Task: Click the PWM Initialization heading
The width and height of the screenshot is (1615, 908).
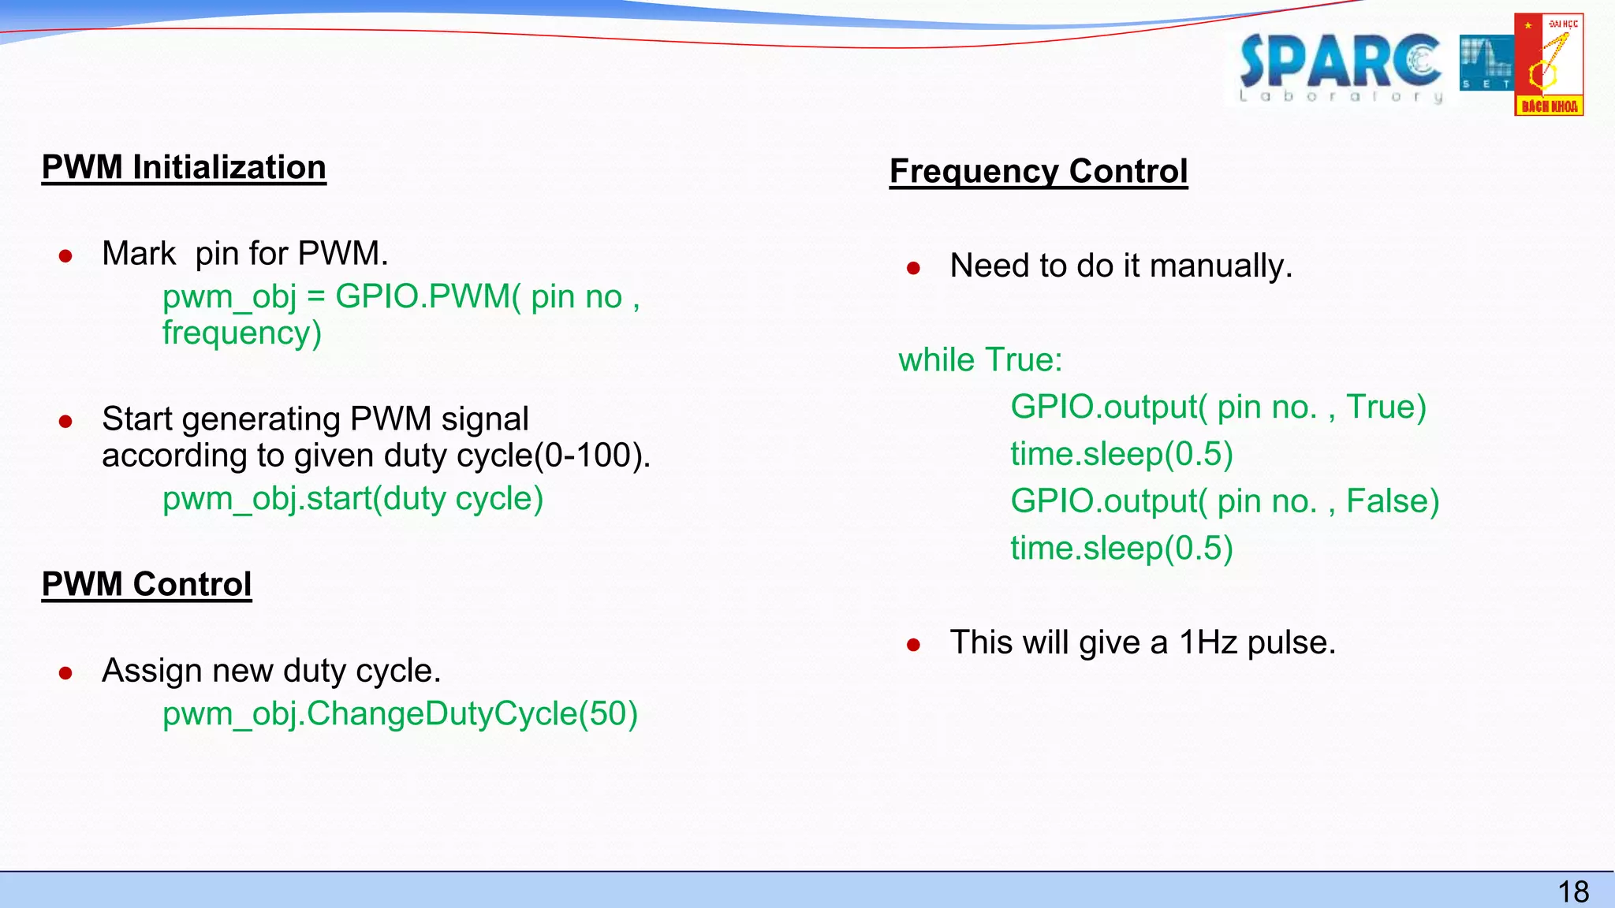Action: (x=184, y=168)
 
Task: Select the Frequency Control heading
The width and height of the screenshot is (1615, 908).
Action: (x=1039, y=171)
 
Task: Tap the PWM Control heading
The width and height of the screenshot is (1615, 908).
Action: (x=147, y=584)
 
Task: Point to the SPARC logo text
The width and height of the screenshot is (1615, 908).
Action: (x=1339, y=63)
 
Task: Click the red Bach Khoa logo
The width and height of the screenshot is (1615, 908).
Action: (x=1549, y=65)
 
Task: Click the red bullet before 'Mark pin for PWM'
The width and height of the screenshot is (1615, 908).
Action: (x=66, y=256)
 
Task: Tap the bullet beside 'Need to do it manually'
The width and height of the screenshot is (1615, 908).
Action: (x=914, y=269)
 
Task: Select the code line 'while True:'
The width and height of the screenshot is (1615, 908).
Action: (x=980, y=360)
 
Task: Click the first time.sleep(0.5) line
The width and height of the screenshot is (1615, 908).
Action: (x=1121, y=454)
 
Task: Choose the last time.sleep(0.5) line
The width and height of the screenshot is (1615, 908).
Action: (x=1121, y=549)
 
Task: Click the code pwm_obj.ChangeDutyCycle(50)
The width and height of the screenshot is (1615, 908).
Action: (x=400, y=714)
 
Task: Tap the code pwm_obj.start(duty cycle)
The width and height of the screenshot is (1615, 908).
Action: (x=352, y=499)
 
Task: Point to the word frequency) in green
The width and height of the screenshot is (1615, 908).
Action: (x=242, y=333)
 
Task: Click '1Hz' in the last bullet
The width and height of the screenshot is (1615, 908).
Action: (x=1208, y=643)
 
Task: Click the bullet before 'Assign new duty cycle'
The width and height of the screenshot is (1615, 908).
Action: (x=66, y=673)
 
